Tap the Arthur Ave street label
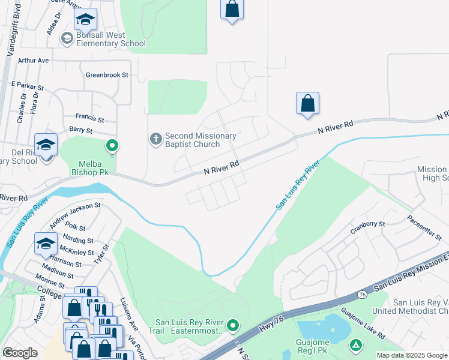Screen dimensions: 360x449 pos(33,61)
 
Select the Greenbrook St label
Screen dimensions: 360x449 pos(107,75)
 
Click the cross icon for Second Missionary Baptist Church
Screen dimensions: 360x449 pos(155,140)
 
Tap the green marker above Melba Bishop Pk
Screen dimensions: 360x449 pos(112,145)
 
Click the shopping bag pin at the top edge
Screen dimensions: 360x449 pos(232,10)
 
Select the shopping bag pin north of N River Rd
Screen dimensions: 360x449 pos(307,103)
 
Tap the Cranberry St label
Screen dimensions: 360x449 pos(368,224)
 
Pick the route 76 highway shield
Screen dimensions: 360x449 pos(361,295)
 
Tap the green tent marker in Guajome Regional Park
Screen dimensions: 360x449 pos(356,345)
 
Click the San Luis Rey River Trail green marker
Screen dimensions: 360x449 pos(233,326)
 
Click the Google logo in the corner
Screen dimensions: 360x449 pos(20,353)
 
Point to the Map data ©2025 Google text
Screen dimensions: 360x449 pos(411,355)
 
